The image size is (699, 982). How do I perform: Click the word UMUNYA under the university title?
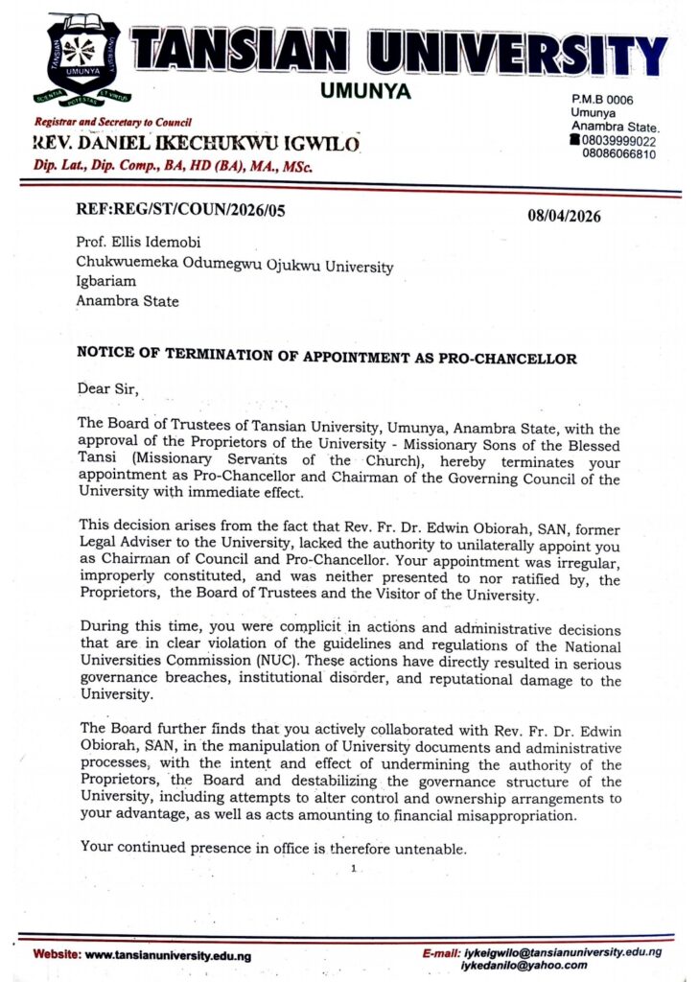coord(363,91)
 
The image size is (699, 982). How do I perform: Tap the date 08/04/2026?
coord(564,215)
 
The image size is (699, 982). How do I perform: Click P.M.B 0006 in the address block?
coord(602,100)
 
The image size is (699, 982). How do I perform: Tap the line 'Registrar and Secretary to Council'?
coord(113,123)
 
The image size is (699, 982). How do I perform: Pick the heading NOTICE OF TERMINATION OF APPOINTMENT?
coord(326,359)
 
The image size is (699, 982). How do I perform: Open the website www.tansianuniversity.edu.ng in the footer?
coord(168,955)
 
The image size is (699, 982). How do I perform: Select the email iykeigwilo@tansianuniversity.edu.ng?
coord(561,952)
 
